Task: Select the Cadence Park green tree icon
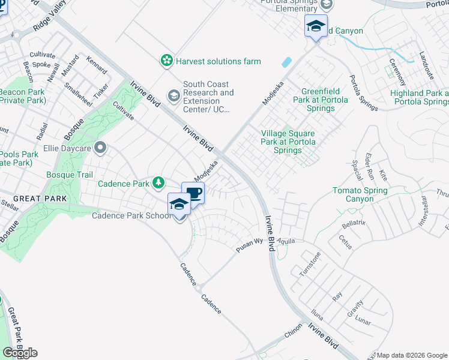coord(158,182)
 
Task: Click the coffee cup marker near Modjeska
coord(193,193)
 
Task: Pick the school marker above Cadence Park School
coord(179,205)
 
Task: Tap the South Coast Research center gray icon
coord(173,95)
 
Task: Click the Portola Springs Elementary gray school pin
coord(327,5)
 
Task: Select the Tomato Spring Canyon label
coord(360,194)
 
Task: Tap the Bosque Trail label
coord(70,175)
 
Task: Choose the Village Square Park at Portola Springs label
coord(289,142)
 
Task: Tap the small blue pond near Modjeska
coord(287,62)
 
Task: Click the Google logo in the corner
coord(20,353)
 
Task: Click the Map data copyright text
coord(412,355)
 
